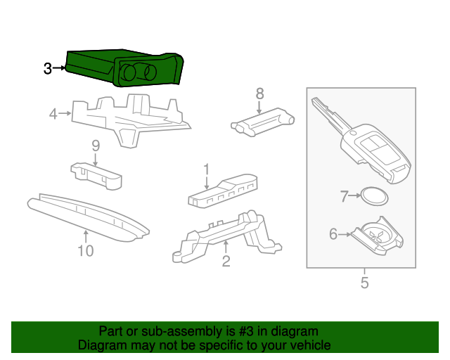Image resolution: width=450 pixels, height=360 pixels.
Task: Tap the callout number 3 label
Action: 47,68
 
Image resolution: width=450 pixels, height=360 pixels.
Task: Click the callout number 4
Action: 53,112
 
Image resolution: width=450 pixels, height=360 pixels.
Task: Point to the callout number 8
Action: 259,93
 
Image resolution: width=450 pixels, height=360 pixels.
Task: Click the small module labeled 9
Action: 96,176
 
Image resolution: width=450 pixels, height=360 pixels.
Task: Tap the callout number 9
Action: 96,146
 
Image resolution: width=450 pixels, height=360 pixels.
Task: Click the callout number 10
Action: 85,250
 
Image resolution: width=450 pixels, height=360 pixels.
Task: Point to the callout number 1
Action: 207,169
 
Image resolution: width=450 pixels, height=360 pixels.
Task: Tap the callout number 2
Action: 226,262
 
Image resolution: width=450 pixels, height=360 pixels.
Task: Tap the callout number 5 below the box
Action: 364,283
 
